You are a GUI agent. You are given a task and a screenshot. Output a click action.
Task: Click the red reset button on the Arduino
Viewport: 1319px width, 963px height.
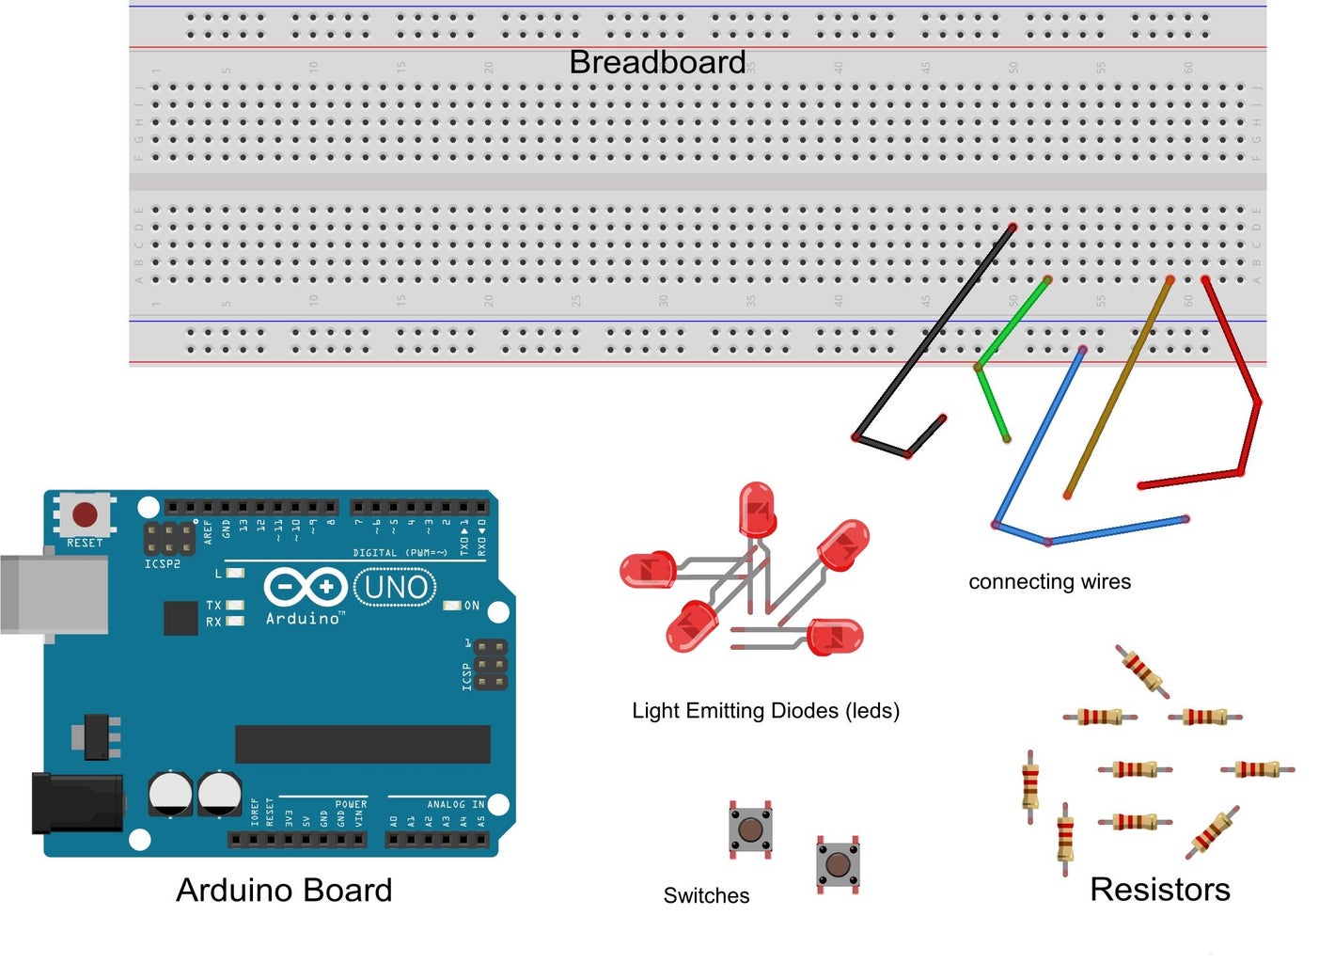coord(85,514)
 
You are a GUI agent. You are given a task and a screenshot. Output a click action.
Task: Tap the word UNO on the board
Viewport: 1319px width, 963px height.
coord(396,588)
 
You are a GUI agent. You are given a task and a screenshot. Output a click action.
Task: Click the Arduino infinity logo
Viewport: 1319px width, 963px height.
coord(305,588)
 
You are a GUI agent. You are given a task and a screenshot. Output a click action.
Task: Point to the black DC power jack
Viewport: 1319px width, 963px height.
coord(75,803)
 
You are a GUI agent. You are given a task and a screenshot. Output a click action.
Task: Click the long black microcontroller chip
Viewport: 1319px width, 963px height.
coord(362,744)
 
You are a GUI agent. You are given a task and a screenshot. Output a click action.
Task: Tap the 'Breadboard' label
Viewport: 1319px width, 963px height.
coord(657,62)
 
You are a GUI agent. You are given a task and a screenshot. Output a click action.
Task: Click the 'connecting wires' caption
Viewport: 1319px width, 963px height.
coord(1049,582)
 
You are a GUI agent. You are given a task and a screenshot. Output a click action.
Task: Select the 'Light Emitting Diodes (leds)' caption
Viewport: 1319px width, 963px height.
coord(765,711)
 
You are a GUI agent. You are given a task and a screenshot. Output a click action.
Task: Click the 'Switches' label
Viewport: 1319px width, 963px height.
coord(706,896)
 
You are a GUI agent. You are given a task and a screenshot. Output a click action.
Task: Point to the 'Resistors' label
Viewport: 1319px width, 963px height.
coord(1159,890)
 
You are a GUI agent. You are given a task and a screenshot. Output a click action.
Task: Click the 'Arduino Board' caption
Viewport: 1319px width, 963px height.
coord(284,891)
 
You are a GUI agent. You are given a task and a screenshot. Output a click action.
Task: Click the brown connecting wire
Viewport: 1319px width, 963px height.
coord(1119,386)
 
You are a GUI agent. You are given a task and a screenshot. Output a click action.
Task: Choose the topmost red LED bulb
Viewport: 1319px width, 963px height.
coord(757,509)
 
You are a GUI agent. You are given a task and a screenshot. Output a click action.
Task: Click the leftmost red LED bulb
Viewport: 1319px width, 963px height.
coord(648,570)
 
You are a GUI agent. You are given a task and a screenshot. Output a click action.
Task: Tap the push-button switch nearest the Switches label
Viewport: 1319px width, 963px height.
coord(749,829)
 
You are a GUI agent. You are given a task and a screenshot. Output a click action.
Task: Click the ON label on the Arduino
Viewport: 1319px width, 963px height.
coord(472,606)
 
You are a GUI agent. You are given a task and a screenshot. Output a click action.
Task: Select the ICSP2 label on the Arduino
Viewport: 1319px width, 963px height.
coord(162,564)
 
